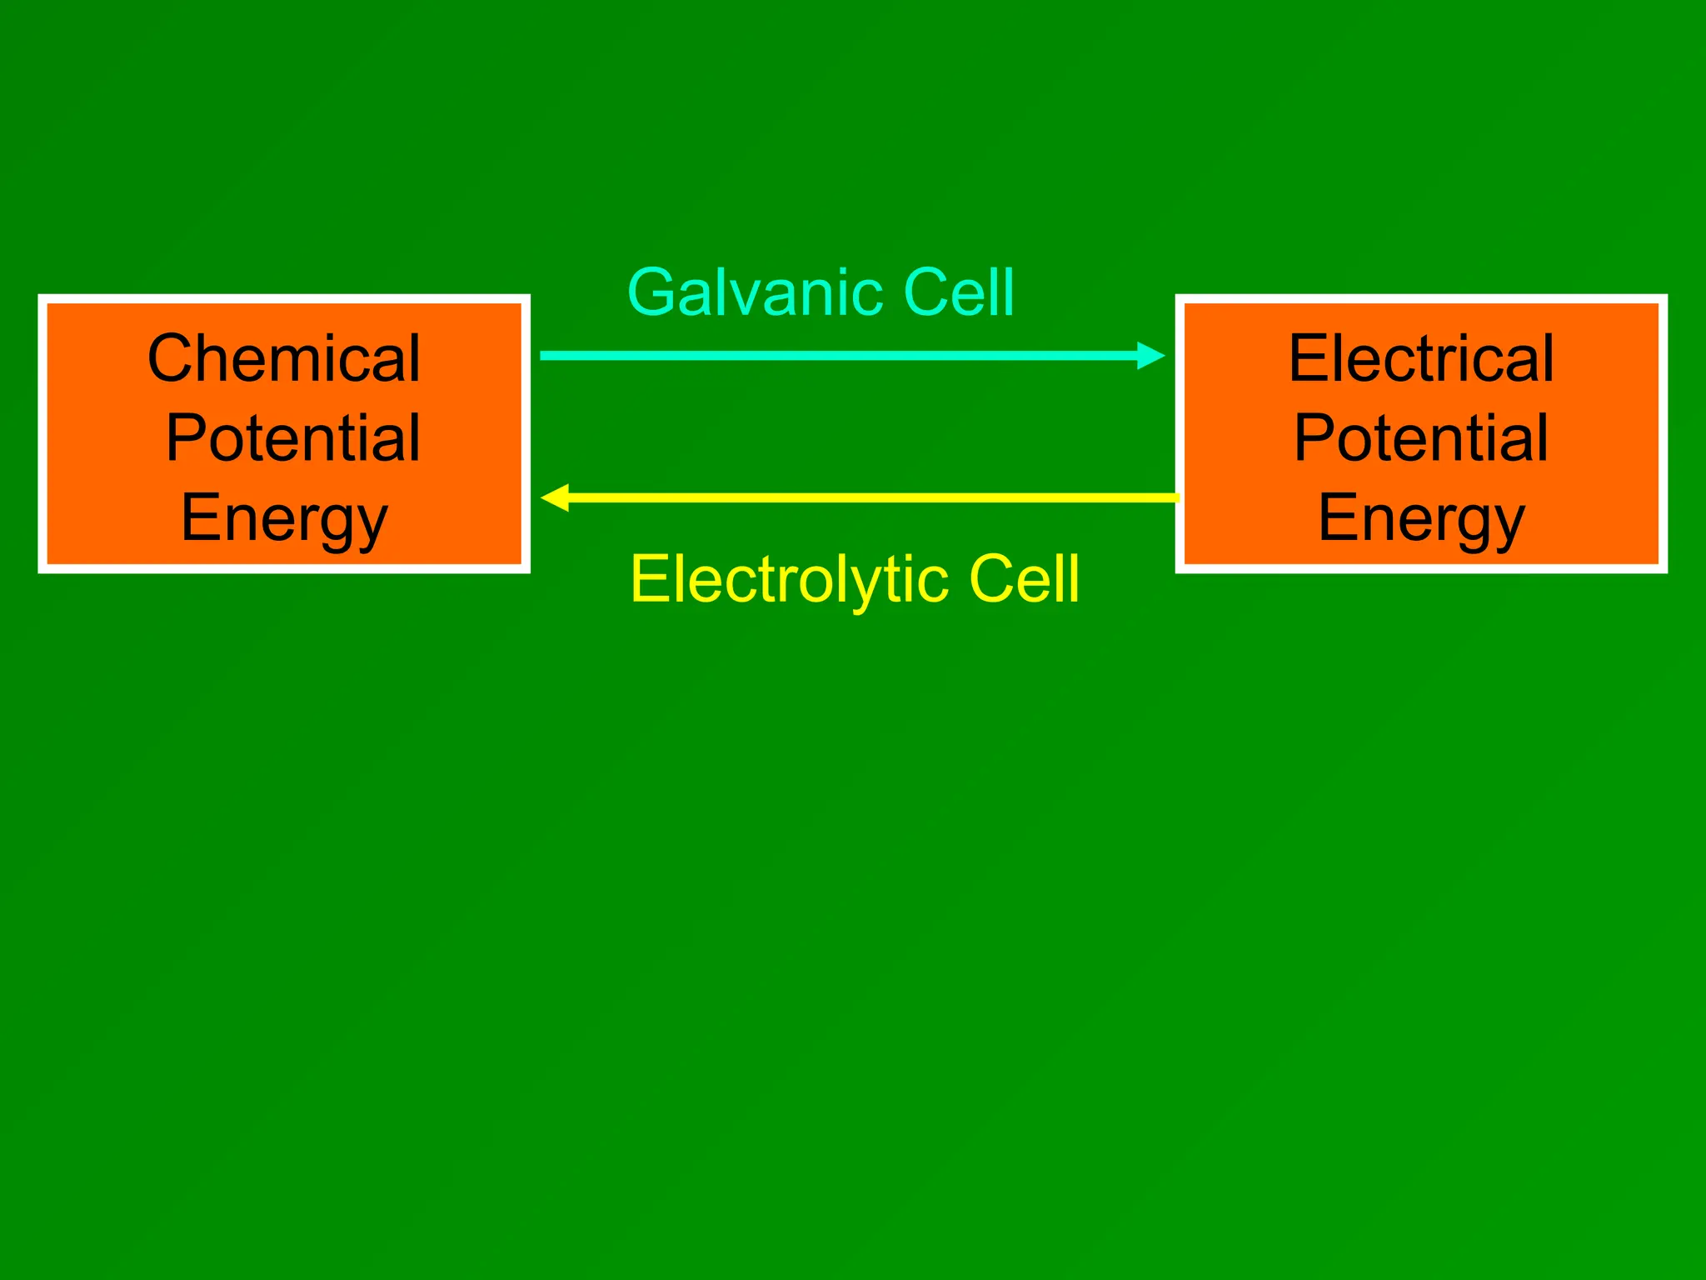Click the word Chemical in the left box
pos(284,358)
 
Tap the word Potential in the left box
pos(292,438)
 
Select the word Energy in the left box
pos(284,518)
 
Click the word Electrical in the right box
pos(1421,358)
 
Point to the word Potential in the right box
pos(1421,438)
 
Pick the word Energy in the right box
pos(1421,518)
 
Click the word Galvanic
pos(755,292)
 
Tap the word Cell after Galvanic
pos(959,292)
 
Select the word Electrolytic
pos(789,579)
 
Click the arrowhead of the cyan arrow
pos(1151,356)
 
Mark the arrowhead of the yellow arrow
pos(555,497)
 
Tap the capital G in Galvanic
pos(653,292)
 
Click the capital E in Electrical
pos(1307,358)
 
